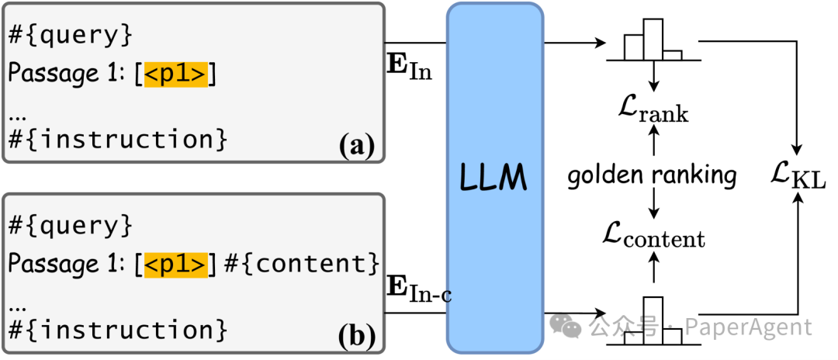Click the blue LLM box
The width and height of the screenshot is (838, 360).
pyautogui.click(x=495, y=178)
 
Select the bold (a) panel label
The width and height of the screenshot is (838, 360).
pyautogui.click(x=357, y=145)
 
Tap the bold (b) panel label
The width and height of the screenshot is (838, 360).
pyautogui.click(x=357, y=335)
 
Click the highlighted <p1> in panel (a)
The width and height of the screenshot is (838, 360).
pyautogui.click(x=176, y=74)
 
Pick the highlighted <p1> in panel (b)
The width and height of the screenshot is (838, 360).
pyautogui.click(x=176, y=265)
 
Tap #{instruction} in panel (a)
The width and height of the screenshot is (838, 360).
pyautogui.click(x=118, y=140)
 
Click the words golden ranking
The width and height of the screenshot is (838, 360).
pyautogui.click(x=652, y=175)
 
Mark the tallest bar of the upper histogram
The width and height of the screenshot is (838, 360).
pyautogui.click(x=653, y=40)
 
